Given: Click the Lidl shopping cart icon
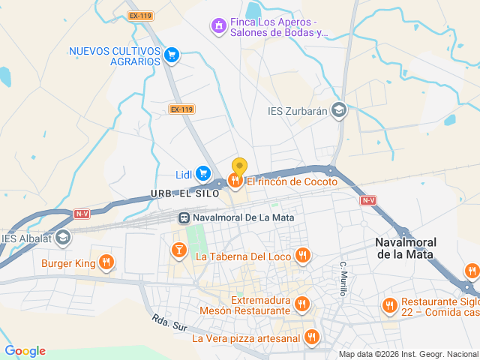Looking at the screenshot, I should [x=203, y=174].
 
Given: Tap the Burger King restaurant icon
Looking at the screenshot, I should [x=106, y=262].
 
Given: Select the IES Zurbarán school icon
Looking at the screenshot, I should [x=339, y=111].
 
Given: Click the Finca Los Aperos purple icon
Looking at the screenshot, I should [x=218, y=26].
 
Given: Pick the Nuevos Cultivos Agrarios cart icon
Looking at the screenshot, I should [x=172, y=54].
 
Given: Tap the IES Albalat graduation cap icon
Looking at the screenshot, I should [x=64, y=238].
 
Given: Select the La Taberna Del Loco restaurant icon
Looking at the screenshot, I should [x=302, y=256].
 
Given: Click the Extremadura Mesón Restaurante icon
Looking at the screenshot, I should [x=301, y=304].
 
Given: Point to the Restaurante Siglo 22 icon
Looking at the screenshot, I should [x=388, y=305].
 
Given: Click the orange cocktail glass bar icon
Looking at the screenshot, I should [x=178, y=250].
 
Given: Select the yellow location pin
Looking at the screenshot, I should [x=239, y=167].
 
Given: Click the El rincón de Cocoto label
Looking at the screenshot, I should [x=292, y=181].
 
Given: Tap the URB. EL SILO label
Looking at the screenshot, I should [x=184, y=193].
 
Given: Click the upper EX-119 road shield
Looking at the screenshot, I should [x=139, y=15].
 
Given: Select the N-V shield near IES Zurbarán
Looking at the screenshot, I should [x=367, y=200].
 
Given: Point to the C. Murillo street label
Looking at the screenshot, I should [x=342, y=278].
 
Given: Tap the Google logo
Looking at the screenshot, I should [x=25, y=351].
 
